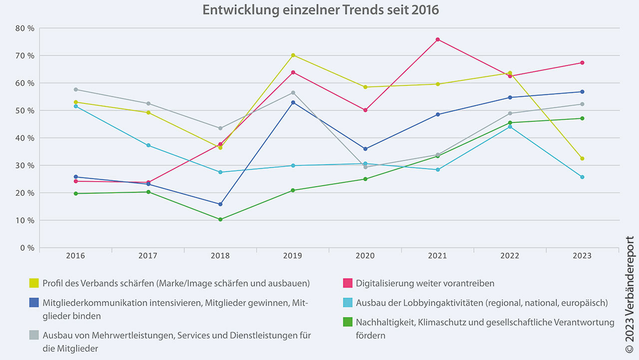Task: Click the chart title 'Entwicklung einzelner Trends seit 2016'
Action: [320, 10]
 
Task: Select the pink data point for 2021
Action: [437, 39]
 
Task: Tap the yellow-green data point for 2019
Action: [293, 55]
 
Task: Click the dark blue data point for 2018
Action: [220, 204]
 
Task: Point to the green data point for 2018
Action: [220, 219]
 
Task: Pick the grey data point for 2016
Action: [76, 89]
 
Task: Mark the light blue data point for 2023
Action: [582, 177]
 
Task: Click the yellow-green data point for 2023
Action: [582, 158]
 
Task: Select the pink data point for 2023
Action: [582, 62]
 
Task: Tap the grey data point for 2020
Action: [365, 167]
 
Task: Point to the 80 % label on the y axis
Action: [25, 28]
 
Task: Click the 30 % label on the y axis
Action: [25, 165]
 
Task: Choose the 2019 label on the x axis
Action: [293, 256]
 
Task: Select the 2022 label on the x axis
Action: [510, 256]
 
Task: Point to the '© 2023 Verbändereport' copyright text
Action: [629, 294]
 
